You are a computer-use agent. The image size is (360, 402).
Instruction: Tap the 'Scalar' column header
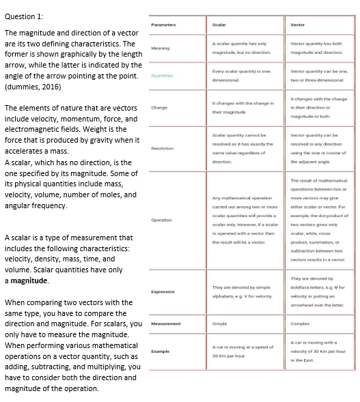219,24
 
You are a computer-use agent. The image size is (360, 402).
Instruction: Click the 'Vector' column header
298,24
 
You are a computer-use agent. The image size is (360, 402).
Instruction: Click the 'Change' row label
159,107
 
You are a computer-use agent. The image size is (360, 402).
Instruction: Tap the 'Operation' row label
161,220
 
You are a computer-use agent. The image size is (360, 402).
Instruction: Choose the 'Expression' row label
163,291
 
